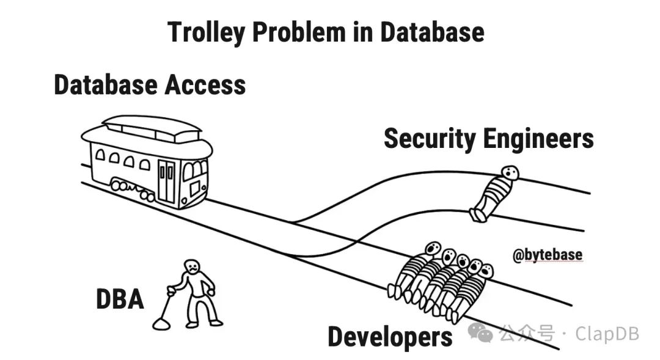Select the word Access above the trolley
tap(204, 84)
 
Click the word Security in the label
tap(428, 139)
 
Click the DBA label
tap(120, 299)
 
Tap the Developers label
tap(390, 337)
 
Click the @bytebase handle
tap(548, 255)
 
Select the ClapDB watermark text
tap(606, 334)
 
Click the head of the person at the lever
tap(193, 266)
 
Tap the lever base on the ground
tap(161, 324)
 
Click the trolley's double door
tap(166, 180)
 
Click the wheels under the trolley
tap(132, 189)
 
